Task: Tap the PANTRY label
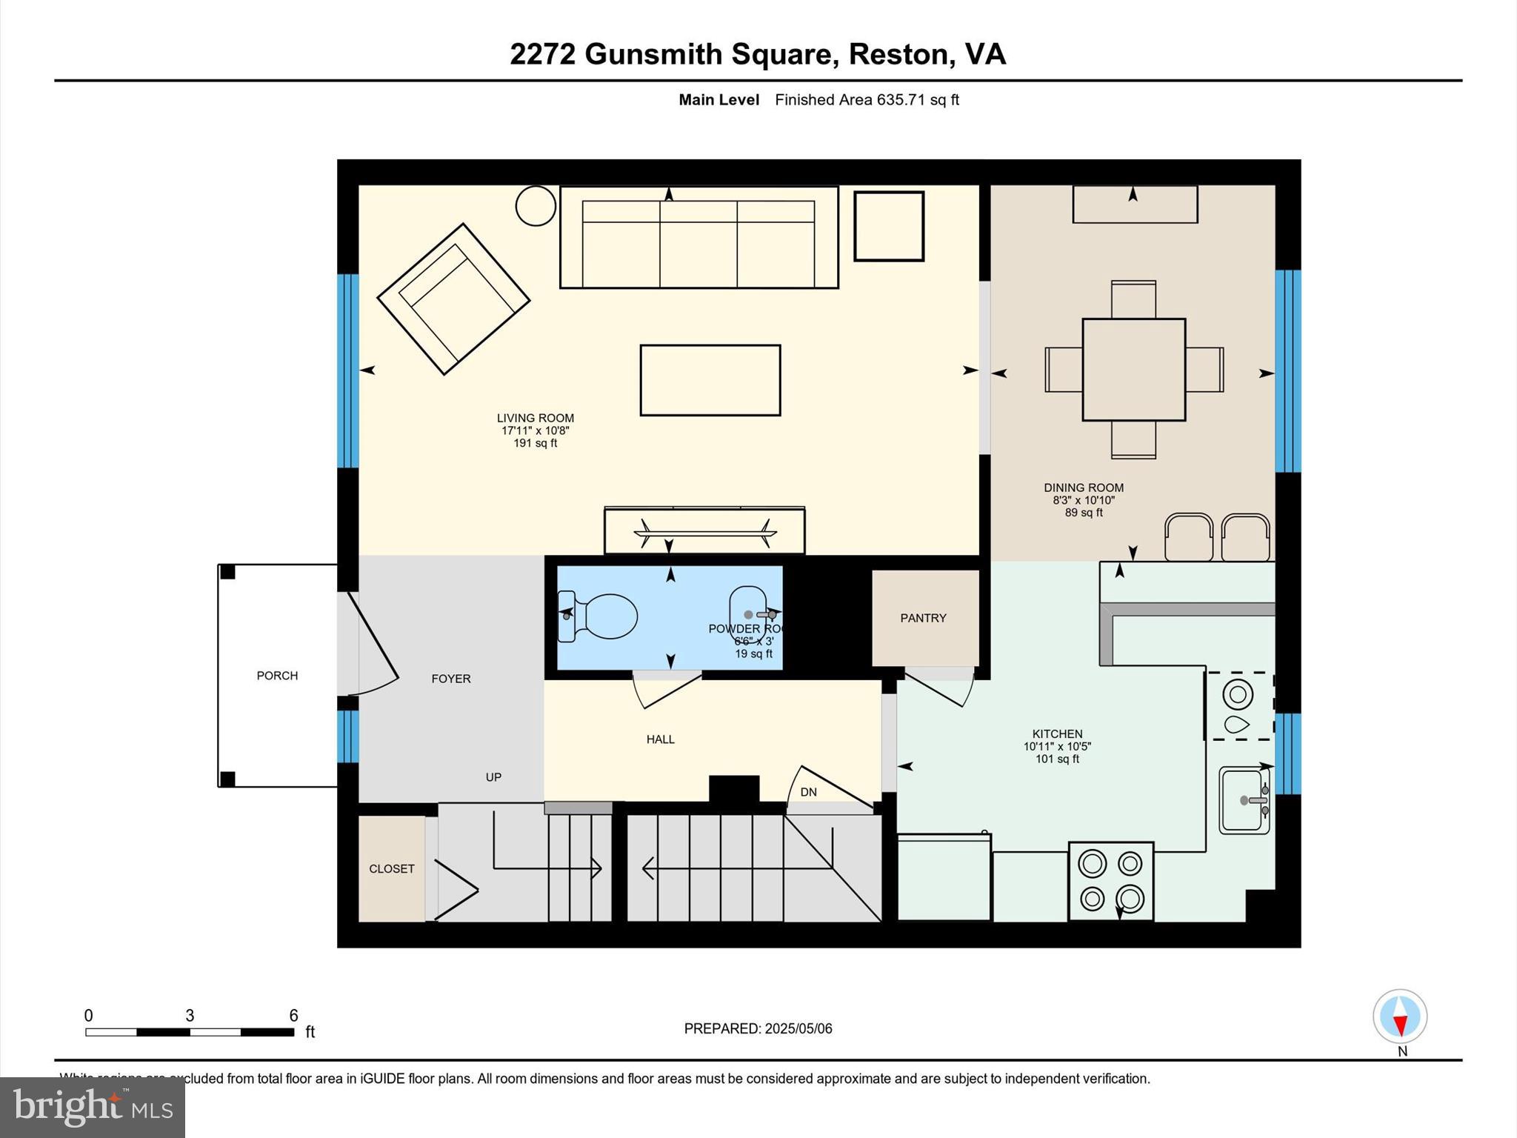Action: pyautogui.click(x=923, y=618)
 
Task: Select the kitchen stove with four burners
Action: pyautogui.click(x=1110, y=882)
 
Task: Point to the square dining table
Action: pyautogui.click(x=1133, y=370)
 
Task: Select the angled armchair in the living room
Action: pyautogui.click(x=453, y=299)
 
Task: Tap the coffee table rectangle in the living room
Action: pyautogui.click(x=710, y=380)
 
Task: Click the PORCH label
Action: pyautogui.click(x=277, y=676)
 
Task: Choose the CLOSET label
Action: pyautogui.click(x=391, y=869)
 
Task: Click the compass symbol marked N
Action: pyautogui.click(x=1399, y=1017)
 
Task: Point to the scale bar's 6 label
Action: pyautogui.click(x=293, y=1016)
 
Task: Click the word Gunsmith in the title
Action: pyautogui.click(x=653, y=54)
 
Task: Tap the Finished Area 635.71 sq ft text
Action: pyautogui.click(x=867, y=100)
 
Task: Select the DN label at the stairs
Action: pyautogui.click(x=808, y=792)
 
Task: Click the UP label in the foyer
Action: pyautogui.click(x=493, y=777)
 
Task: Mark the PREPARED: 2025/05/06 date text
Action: pyautogui.click(x=758, y=1028)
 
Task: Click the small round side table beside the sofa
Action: pyautogui.click(x=535, y=205)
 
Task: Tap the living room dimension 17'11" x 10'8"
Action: pyautogui.click(x=535, y=430)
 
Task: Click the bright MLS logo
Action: pyautogui.click(x=93, y=1107)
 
